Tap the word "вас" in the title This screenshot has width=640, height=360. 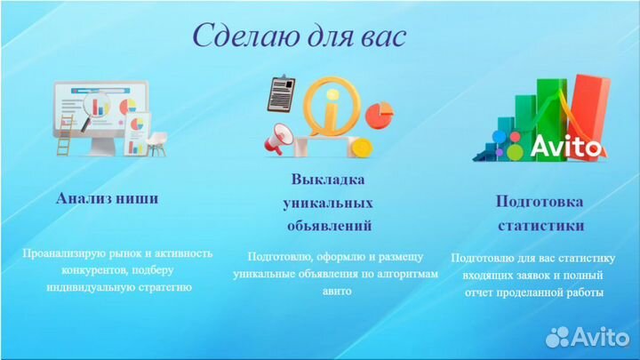[x=381, y=36]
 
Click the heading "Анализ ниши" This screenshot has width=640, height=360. [x=107, y=198]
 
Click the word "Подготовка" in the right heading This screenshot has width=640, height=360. [x=540, y=201]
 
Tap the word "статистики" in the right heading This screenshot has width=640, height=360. [x=540, y=225]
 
